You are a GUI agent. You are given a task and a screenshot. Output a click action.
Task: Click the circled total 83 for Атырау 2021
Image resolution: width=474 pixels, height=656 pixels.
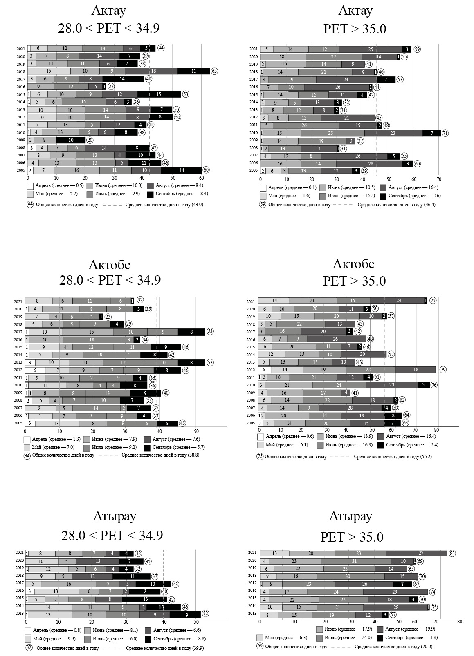click(x=452, y=553)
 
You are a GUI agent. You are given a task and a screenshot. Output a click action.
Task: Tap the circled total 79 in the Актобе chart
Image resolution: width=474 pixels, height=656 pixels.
click(x=443, y=369)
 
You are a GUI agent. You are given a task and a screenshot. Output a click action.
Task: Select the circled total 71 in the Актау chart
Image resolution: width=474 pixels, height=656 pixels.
click(x=445, y=133)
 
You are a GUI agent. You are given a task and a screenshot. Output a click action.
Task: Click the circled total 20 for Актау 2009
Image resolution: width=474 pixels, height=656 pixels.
click(x=90, y=140)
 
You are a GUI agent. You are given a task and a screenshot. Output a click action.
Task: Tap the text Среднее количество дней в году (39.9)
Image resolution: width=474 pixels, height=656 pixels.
click(x=165, y=648)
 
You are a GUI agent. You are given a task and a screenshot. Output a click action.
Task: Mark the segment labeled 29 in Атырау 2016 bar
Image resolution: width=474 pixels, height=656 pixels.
click(x=395, y=591)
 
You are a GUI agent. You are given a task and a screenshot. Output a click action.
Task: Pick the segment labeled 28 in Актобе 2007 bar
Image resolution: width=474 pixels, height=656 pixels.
click(x=350, y=407)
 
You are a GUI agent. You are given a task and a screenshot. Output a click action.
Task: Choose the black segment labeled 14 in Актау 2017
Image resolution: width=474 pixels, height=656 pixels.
click(x=122, y=79)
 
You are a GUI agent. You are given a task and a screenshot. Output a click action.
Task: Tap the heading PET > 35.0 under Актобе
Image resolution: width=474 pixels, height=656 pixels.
click(x=354, y=281)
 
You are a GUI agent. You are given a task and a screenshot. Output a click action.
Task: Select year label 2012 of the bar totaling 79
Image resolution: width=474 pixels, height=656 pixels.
click(x=251, y=370)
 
